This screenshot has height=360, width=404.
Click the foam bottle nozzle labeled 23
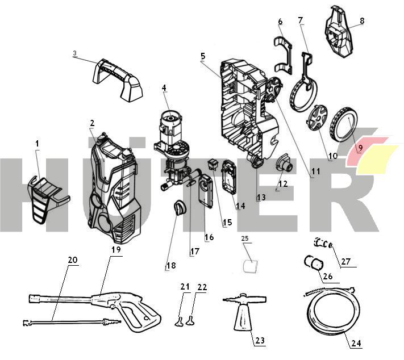tap(241, 315)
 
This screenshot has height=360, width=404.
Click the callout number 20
tap(72, 260)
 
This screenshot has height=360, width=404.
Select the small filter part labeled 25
tap(248, 266)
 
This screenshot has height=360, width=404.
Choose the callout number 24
tap(356, 344)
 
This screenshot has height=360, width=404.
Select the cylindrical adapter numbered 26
tap(313, 263)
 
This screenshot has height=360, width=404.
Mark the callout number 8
tap(363, 21)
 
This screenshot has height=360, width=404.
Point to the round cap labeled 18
tap(180, 208)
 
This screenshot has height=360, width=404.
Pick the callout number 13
tap(261, 198)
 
